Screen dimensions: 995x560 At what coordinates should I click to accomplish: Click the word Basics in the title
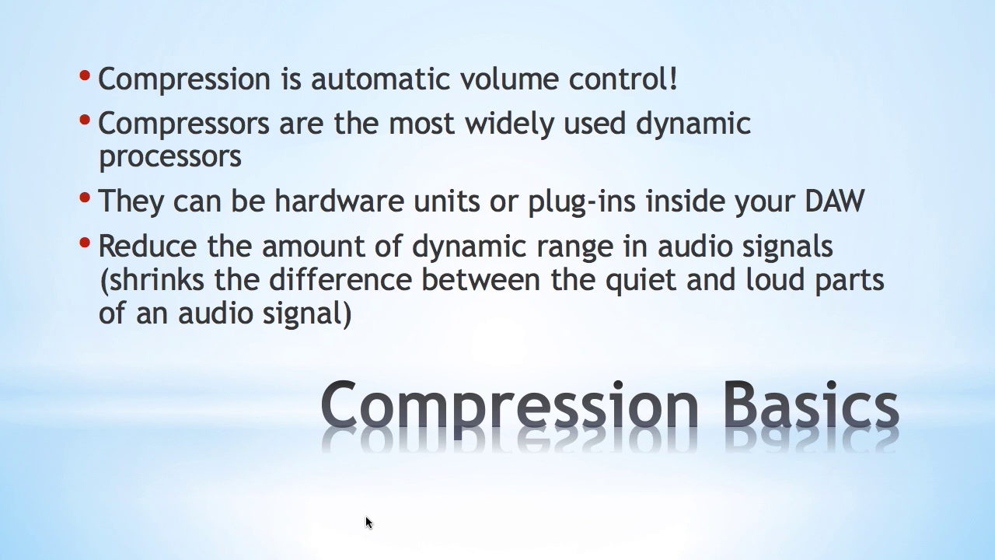pyautogui.click(x=812, y=404)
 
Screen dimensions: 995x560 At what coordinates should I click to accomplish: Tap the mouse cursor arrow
pyautogui.click(x=369, y=523)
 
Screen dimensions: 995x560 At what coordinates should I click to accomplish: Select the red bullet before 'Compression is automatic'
pyautogui.click(x=85, y=75)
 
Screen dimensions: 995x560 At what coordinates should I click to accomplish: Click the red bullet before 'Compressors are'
pyautogui.click(x=85, y=120)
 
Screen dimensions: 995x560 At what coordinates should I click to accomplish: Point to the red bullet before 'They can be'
pyautogui.click(x=85, y=198)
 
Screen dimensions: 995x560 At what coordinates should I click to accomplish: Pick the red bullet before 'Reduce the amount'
pyautogui.click(x=85, y=243)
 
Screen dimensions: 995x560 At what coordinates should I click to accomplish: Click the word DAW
pyautogui.click(x=835, y=201)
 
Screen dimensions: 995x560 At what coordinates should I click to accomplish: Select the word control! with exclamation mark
pyautogui.click(x=623, y=79)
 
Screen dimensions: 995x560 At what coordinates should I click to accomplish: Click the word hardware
pyautogui.click(x=340, y=201)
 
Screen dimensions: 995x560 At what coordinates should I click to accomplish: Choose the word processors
pyautogui.click(x=170, y=158)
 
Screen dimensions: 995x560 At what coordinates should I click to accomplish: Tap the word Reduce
pyautogui.click(x=148, y=246)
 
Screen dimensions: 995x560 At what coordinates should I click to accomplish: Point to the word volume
pyautogui.click(x=509, y=79)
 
